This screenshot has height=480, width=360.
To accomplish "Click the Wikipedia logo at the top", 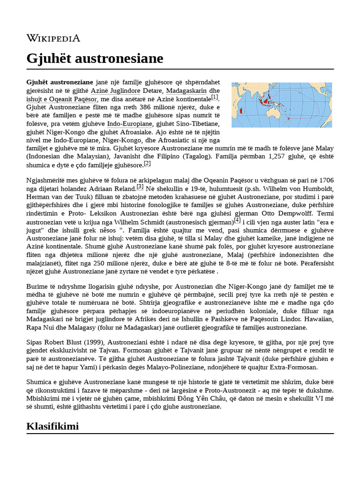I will point(53,38).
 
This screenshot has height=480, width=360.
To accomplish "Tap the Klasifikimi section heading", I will point(52,426).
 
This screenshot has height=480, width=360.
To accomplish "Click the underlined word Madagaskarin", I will point(187,90).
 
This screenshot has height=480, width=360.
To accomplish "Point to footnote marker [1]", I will point(215,97).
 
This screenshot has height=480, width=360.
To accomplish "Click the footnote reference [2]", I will point(147,163).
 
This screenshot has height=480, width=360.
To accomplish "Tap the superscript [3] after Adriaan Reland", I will point(140,187).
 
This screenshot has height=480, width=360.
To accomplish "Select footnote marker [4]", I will point(237,220).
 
